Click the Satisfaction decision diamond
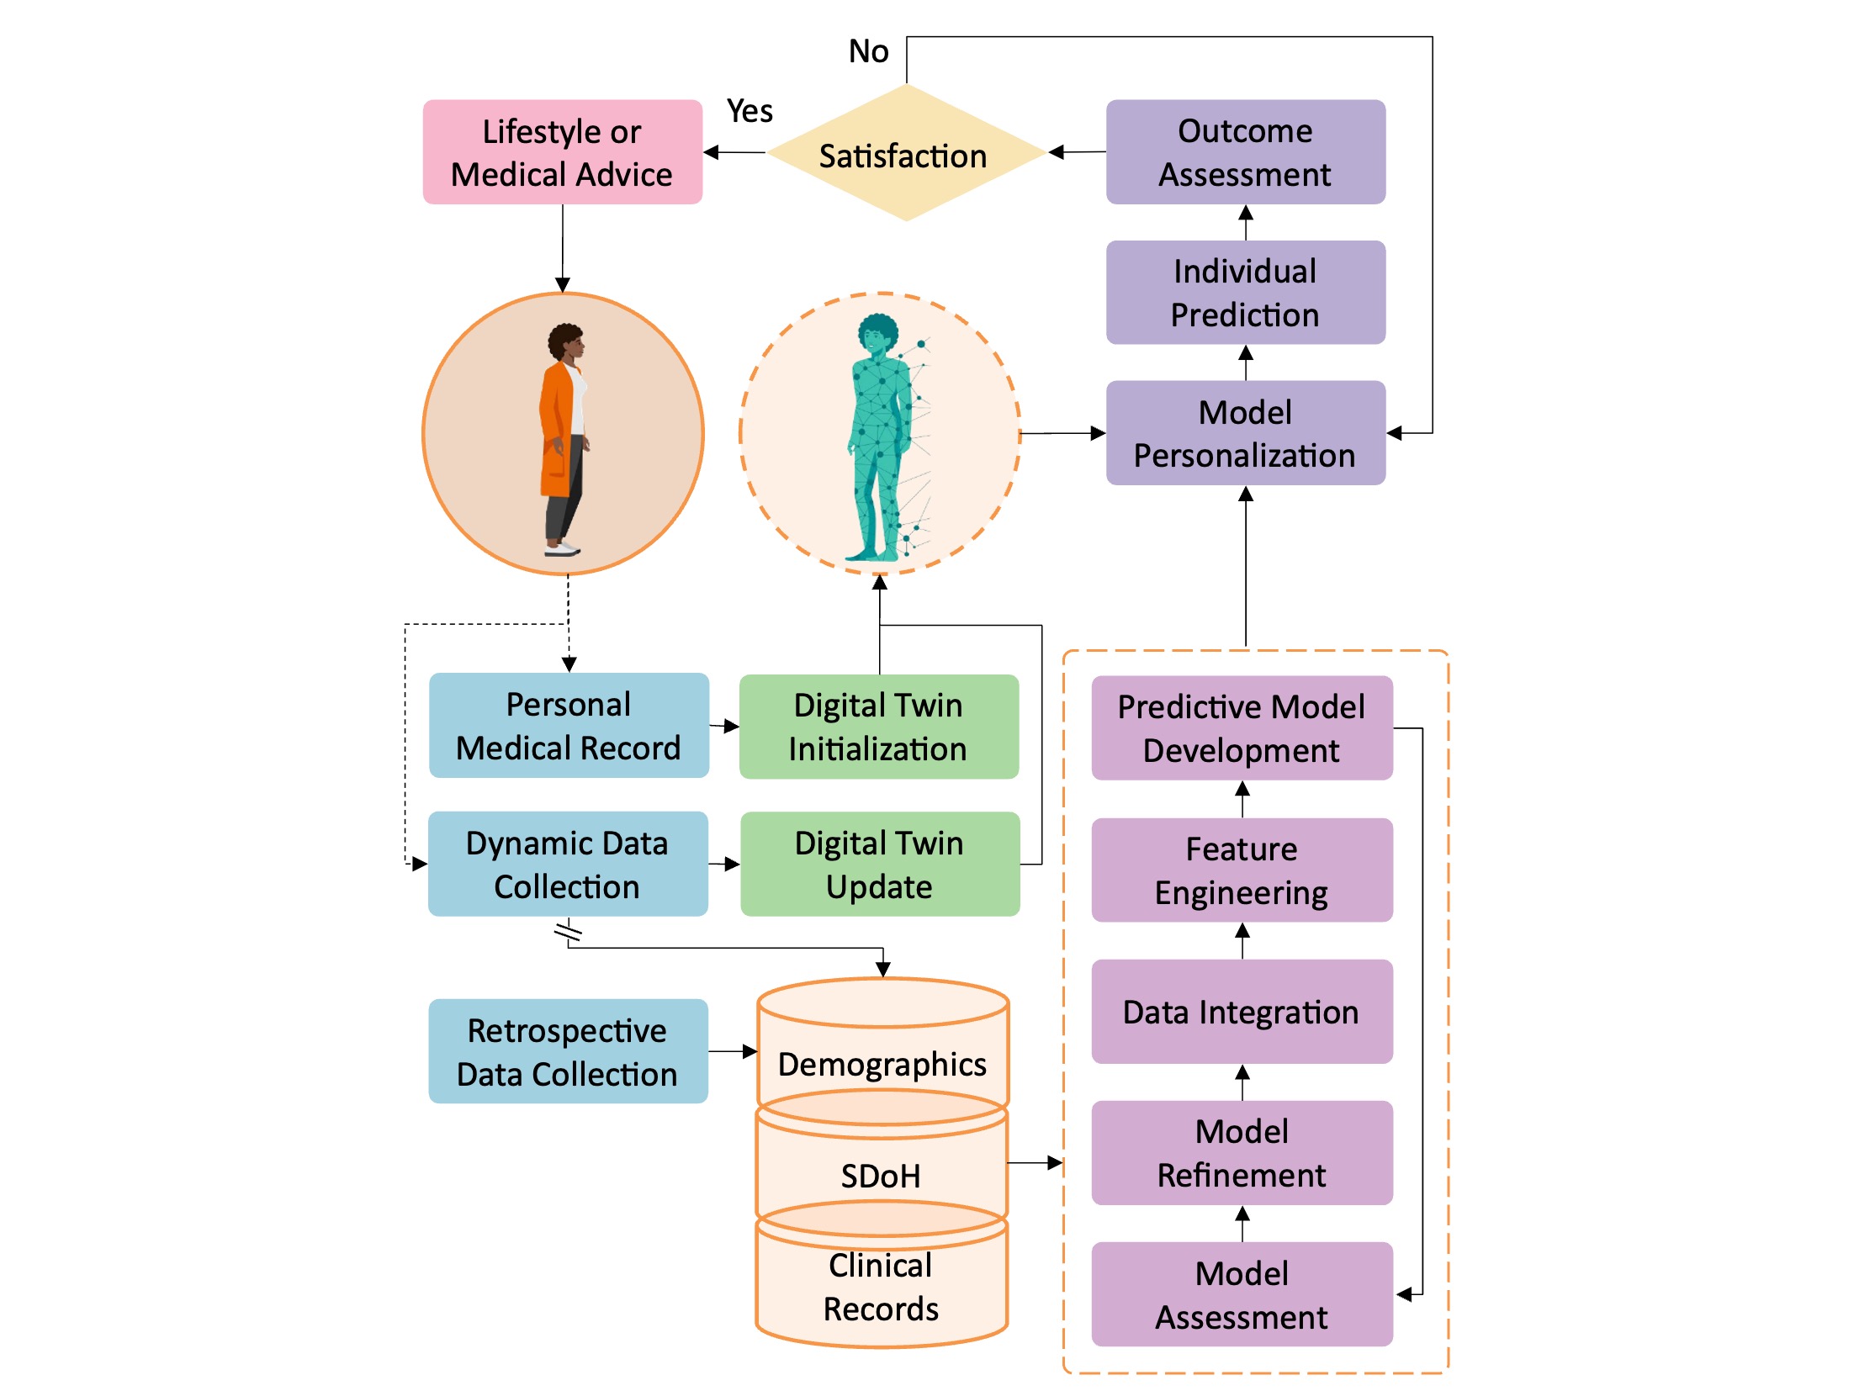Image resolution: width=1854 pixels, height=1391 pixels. pyautogui.click(x=905, y=154)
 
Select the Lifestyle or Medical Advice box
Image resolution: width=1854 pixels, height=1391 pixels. pyautogui.click(x=562, y=152)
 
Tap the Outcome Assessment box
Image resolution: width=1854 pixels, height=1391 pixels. pyautogui.click(x=1245, y=152)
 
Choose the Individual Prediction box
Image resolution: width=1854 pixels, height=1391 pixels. pyautogui.click(x=1245, y=293)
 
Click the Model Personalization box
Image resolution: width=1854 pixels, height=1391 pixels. pyautogui.click(x=1245, y=433)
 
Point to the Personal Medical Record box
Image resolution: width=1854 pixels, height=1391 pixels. pyautogui.click(x=569, y=726)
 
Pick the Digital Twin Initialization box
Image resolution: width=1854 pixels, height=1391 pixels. pyautogui.click(x=878, y=727)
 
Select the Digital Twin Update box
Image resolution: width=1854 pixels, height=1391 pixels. pyautogui.click(x=879, y=865)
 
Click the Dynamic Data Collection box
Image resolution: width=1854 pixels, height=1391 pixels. pyautogui.click(x=568, y=865)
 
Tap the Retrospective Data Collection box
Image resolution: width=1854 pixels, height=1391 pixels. pyautogui.click(x=568, y=1052)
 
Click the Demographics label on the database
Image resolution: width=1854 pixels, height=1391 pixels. pyautogui.click(x=882, y=1065)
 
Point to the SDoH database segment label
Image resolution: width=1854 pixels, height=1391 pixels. pyautogui.click(x=881, y=1176)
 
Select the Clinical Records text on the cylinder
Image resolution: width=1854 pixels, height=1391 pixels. pyautogui.click(x=881, y=1288)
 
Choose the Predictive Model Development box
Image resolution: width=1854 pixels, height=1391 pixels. pyautogui.click(x=1242, y=728)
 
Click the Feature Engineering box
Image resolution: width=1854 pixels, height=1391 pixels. pyautogui.click(x=1242, y=870)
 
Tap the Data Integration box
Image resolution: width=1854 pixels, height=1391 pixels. pyautogui.click(x=1242, y=1013)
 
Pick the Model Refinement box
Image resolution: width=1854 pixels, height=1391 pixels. pyautogui.click(x=1242, y=1153)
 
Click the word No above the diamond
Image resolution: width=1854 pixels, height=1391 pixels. pyautogui.click(x=868, y=52)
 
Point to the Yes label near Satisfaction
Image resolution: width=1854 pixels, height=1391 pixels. pyautogui.click(x=750, y=111)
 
